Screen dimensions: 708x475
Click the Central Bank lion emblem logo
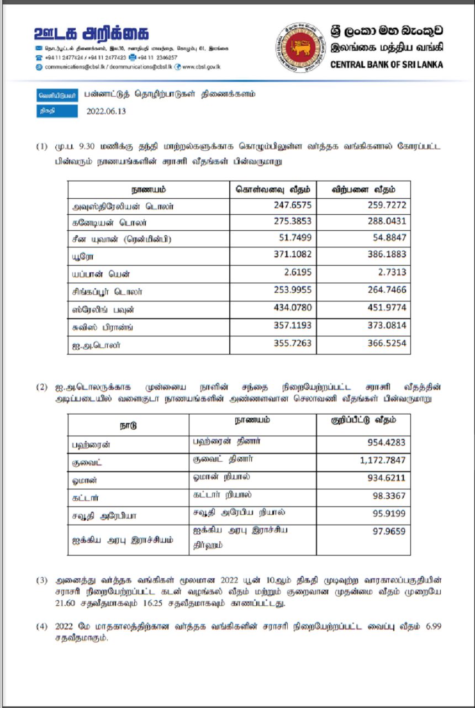[x=301, y=47]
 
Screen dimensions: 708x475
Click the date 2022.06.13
[x=107, y=111]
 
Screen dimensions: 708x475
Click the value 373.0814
[x=387, y=326]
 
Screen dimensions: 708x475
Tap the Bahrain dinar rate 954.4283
[x=386, y=443]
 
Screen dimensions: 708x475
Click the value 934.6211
[x=386, y=478]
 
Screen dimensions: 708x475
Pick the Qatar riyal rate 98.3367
[x=389, y=496]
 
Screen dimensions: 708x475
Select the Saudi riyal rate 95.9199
[x=389, y=514]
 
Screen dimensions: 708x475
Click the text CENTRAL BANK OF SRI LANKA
[x=386, y=65]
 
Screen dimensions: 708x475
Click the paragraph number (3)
[x=43, y=580]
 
